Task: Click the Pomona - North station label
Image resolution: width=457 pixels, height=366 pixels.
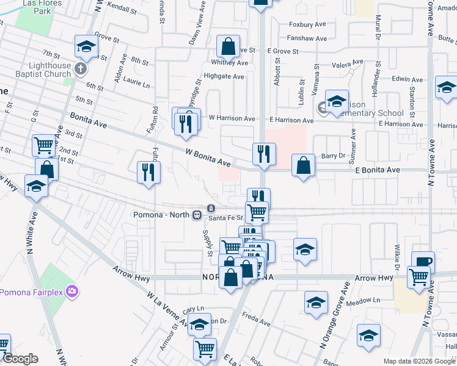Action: (162, 215)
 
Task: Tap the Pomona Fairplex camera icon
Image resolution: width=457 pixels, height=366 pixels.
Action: (73, 291)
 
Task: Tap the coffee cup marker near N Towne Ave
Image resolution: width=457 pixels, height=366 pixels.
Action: (423, 262)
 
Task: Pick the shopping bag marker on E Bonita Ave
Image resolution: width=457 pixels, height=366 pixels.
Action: (303, 165)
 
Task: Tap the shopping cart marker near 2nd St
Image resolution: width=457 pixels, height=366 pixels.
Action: (44, 145)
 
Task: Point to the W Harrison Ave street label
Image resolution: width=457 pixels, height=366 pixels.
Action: (232, 118)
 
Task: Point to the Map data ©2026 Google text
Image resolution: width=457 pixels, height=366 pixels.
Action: (419, 361)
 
